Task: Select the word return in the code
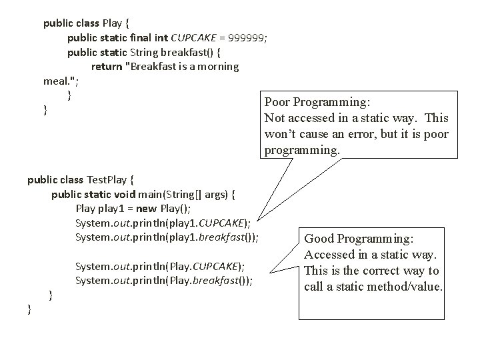coord(106,67)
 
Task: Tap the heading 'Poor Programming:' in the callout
coord(317,102)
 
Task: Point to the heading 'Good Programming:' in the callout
coord(359,239)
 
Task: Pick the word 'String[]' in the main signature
coord(189,195)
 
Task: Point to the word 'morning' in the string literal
coord(217,67)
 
